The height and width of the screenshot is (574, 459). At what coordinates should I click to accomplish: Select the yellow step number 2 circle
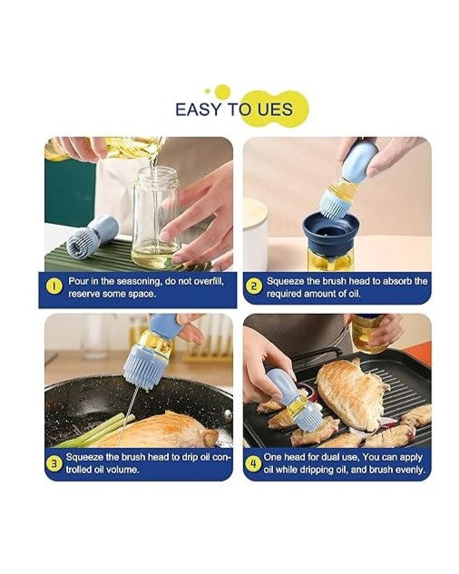(253, 287)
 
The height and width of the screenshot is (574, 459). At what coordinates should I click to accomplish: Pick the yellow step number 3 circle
(54, 463)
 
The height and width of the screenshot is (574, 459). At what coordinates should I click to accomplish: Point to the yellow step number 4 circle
(253, 463)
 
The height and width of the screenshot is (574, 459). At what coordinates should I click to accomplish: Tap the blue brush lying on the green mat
(92, 236)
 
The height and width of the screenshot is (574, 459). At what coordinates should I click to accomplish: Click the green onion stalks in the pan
(95, 429)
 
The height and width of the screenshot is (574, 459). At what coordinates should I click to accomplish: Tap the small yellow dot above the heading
(208, 91)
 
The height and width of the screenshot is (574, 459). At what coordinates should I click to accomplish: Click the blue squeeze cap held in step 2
(360, 161)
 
